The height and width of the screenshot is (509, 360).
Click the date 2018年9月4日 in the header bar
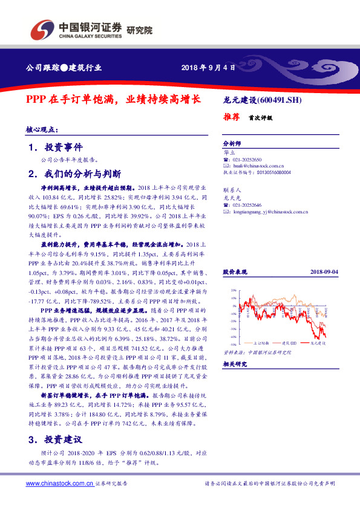tap(208, 68)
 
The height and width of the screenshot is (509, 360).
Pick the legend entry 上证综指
tap(255, 342)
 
